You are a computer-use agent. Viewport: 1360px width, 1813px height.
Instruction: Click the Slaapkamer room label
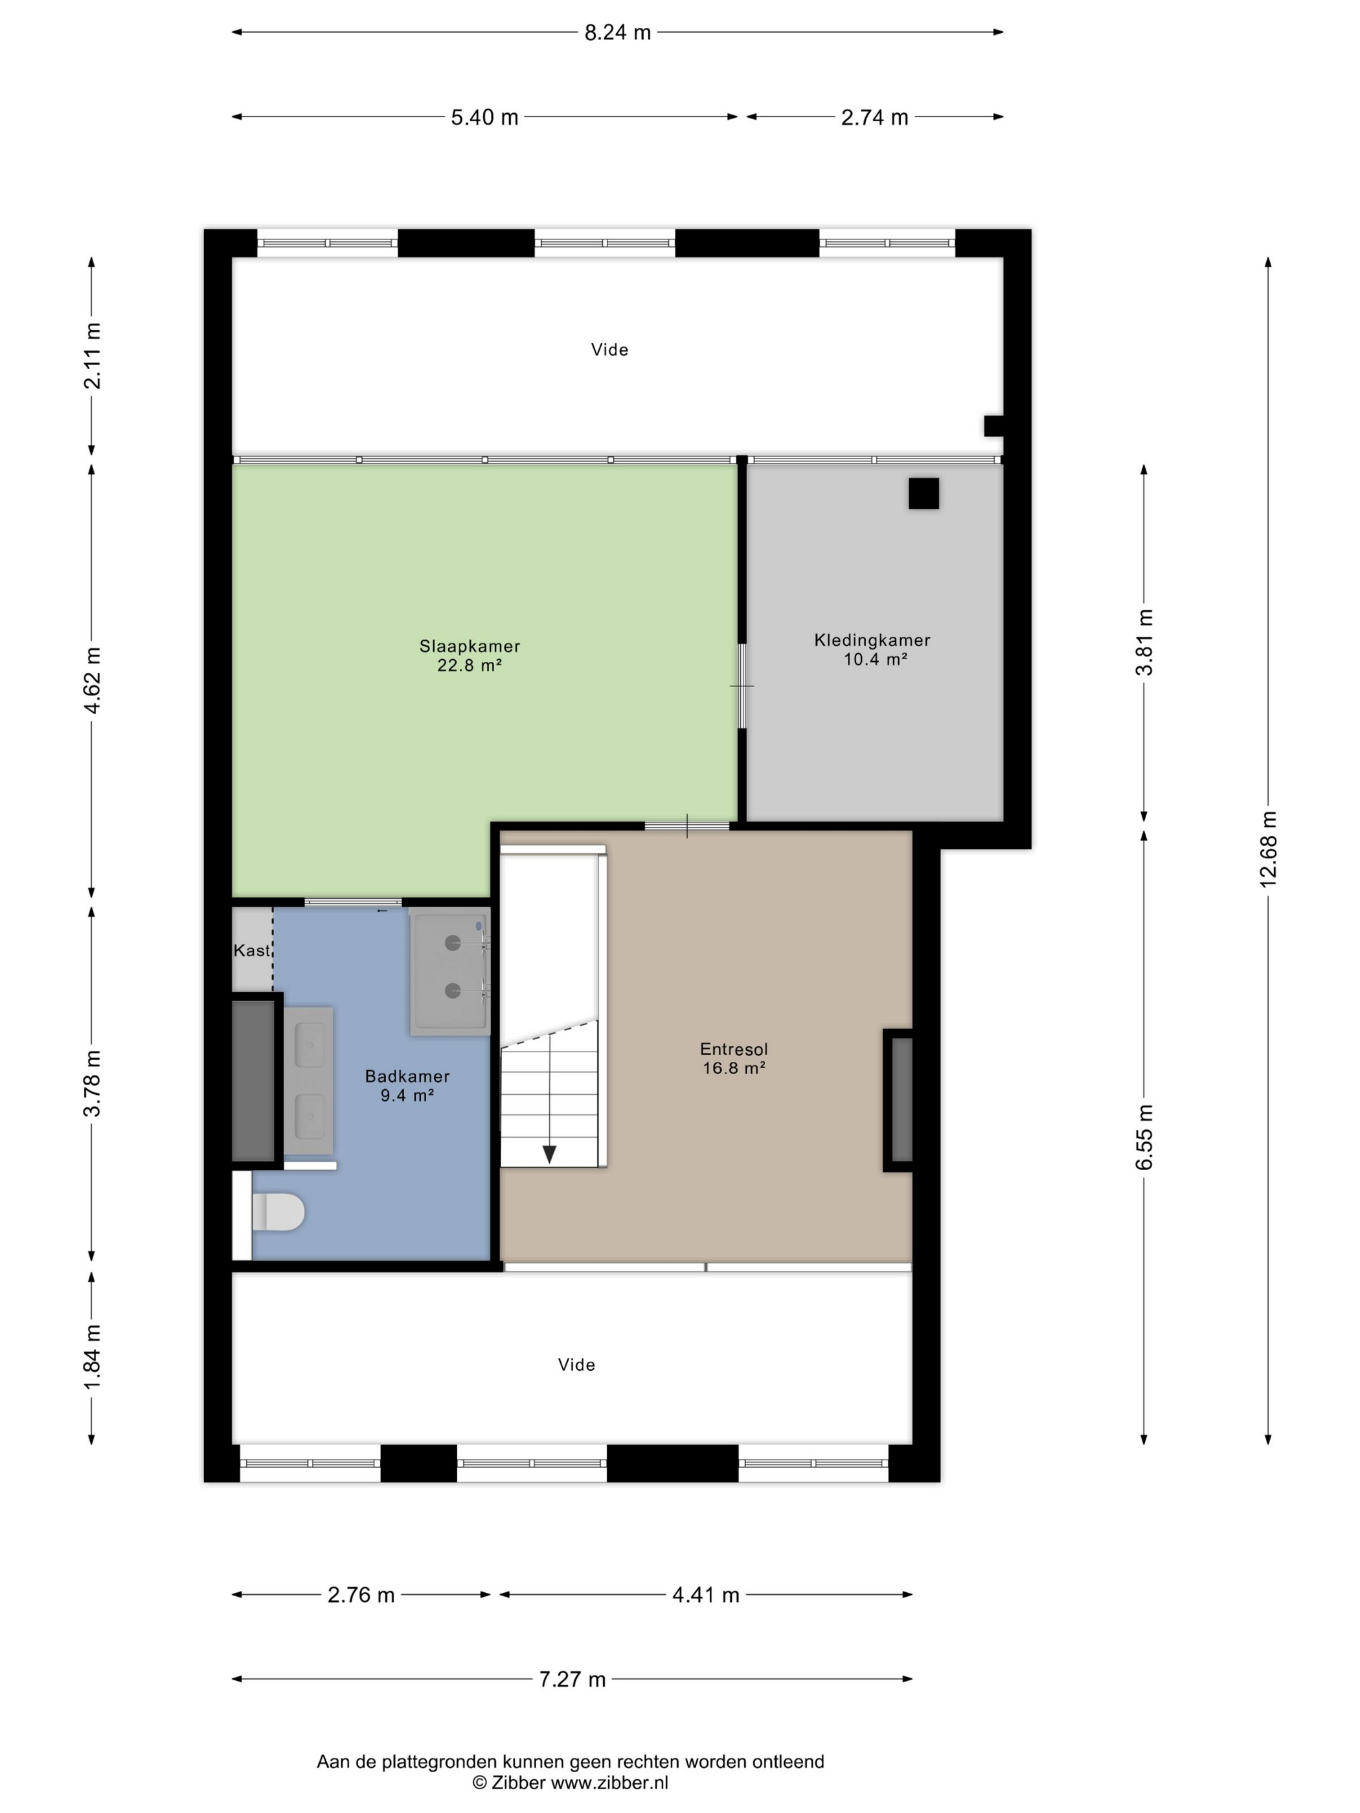(x=470, y=646)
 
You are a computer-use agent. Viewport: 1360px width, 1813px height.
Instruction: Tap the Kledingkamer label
(x=872, y=640)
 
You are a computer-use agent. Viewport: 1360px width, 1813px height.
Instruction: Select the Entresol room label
(x=734, y=1048)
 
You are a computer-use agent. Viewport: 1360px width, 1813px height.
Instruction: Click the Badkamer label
(x=407, y=1076)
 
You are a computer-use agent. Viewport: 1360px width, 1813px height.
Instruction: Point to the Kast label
(x=251, y=950)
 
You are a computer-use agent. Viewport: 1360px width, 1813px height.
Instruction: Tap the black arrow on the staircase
(x=549, y=1154)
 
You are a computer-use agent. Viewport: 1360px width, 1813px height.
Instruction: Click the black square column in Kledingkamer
(x=923, y=493)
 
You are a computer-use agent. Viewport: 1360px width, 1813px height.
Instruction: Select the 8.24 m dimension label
(x=617, y=33)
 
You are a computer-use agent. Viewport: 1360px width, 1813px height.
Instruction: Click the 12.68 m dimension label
(x=1268, y=849)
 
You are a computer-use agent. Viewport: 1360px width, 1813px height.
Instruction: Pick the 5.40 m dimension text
(x=484, y=117)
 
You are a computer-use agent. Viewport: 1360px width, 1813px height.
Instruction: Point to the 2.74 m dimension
(x=875, y=117)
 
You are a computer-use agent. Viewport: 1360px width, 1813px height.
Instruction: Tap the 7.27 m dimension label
(x=572, y=1680)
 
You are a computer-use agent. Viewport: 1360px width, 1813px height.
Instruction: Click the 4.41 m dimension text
(x=706, y=1595)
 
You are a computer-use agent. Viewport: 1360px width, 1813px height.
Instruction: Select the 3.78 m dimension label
(x=92, y=1083)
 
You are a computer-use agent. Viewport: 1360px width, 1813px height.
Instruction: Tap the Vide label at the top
(x=610, y=350)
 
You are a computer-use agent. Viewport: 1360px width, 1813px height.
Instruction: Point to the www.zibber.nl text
(x=609, y=1782)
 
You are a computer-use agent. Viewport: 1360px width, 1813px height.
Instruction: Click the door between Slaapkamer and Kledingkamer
(x=742, y=685)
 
